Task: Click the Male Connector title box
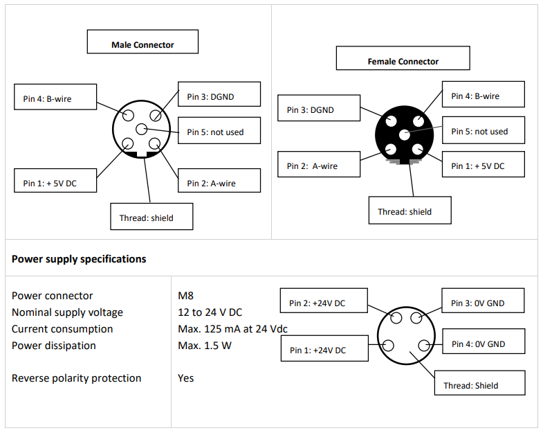click(x=142, y=42)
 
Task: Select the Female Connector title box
click(x=403, y=58)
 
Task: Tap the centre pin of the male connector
click(x=141, y=129)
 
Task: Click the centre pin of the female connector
click(x=405, y=134)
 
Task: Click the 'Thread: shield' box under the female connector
click(x=410, y=210)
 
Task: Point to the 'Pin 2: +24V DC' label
click(x=324, y=301)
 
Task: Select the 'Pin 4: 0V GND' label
click(x=484, y=341)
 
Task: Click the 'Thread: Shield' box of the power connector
click(x=479, y=382)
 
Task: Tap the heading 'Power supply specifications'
click(x=79, y=259)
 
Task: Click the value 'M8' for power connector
click(x=185, y=296)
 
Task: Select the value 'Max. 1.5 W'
click(x=205, y=346)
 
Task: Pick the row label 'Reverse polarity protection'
click(x=77, y=378)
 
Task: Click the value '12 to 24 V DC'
click(x=210, y=312)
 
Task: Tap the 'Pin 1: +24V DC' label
click(x=324, y=348)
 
